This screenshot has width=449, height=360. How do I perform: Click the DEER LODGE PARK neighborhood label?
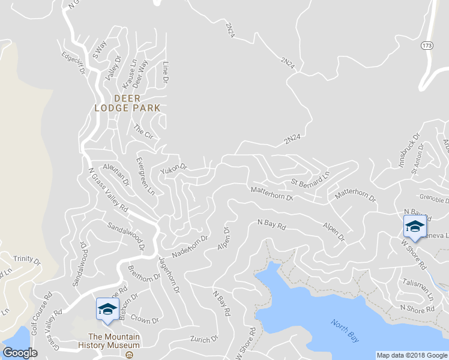pyautogui.click(x=127, y=103)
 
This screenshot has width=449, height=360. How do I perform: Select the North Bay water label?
pyautogui.click(x=345, y=330)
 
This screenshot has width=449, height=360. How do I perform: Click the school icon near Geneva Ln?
pyautogui.click(x=414, y=227)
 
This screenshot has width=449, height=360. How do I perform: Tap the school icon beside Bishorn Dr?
pyautogui.click(x=107, y=309)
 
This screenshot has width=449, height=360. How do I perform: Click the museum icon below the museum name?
pyautogui.click(x=129, y=354)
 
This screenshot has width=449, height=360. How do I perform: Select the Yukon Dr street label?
pyautogui.click(x=173, y=170)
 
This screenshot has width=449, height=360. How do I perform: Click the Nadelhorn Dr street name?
pyautogui.click(x=189, y=246)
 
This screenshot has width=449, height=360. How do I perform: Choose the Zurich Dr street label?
pyautogui.click(x=204, y=340)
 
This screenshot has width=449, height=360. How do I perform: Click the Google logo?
pyautogui.click(x=20, y=353)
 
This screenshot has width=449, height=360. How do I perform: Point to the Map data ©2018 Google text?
pyautogui.click(x=411, y=355)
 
